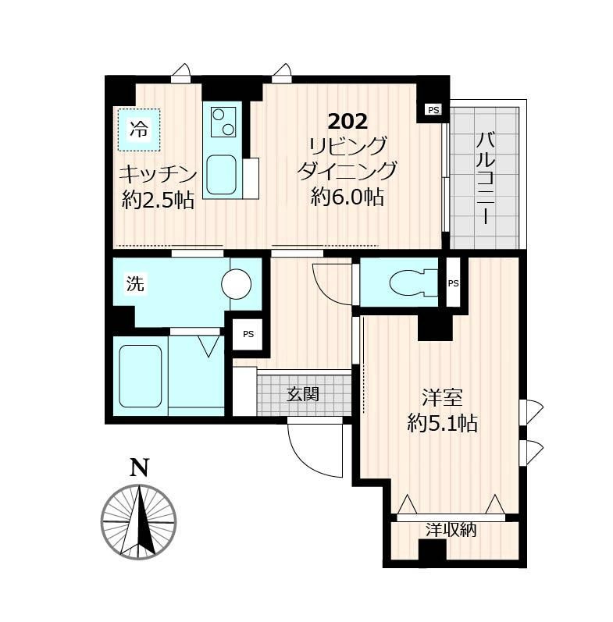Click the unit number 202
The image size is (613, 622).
click(347, 122)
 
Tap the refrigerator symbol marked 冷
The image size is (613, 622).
click(139, 130)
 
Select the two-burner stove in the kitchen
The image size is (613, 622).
click(223, 123)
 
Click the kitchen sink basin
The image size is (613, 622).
click(222, 175)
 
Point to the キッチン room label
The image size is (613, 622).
click(158, 175)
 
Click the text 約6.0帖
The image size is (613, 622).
click(347, 197)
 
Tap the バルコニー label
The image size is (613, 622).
click(486, 179)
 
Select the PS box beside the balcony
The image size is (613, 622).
click(433, 109)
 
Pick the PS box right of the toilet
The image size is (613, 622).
click(453, 283)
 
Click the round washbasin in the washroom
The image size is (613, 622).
click(237, 283)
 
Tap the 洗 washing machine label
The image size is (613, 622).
click(135, 283)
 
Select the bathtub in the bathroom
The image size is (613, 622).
click(140, 375)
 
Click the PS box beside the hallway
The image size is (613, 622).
click(248, 334)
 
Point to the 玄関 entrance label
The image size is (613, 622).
click(303, 394)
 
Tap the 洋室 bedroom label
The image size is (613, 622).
click(442, 398)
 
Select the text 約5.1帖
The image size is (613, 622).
click(442, 424)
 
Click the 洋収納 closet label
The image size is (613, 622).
click(451, 530)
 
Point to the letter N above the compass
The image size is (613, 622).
click(139, 467)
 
